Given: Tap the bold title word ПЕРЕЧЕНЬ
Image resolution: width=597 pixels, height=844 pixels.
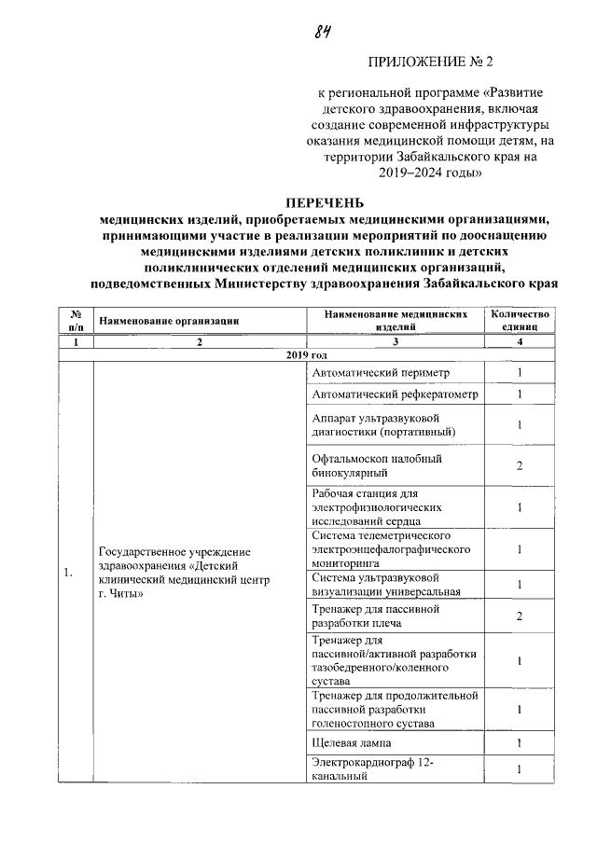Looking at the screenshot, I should [x=325, y=203].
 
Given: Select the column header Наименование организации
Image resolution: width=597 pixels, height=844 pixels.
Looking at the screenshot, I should [x=170, y=321].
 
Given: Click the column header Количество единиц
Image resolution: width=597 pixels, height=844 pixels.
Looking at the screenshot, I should [x=521, y=321].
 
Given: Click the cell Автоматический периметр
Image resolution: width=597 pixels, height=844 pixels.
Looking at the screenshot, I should [x=381, y=373].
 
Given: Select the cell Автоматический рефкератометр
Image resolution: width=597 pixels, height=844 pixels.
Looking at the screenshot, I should [x=395, y=394].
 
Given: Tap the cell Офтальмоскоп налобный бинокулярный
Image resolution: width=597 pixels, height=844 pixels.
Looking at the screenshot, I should [x=377, y=465].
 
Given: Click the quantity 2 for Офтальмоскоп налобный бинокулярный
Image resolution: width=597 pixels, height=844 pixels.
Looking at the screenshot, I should [x=521, y=465].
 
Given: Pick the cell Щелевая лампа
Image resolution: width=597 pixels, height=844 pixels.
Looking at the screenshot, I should [x=353, y=743].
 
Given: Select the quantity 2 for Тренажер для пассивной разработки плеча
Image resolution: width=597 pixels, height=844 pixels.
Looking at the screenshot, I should [x=521, y=616].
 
